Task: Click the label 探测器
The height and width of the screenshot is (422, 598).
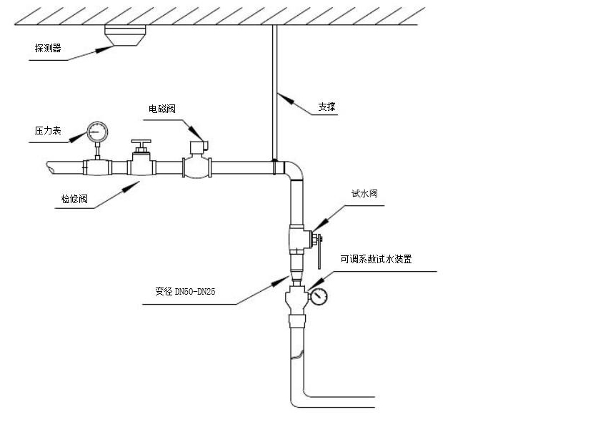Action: point(48,49)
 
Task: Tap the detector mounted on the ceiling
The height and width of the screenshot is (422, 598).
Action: point(126,36)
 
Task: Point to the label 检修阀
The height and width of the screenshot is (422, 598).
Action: point(74,199)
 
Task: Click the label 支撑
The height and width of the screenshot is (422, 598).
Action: point(327,108)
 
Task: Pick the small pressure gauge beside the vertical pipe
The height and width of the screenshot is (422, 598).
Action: point(319,295)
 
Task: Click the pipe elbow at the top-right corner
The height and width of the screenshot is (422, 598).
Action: point(295,171)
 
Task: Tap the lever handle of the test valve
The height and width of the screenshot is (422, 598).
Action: point(320,254)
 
